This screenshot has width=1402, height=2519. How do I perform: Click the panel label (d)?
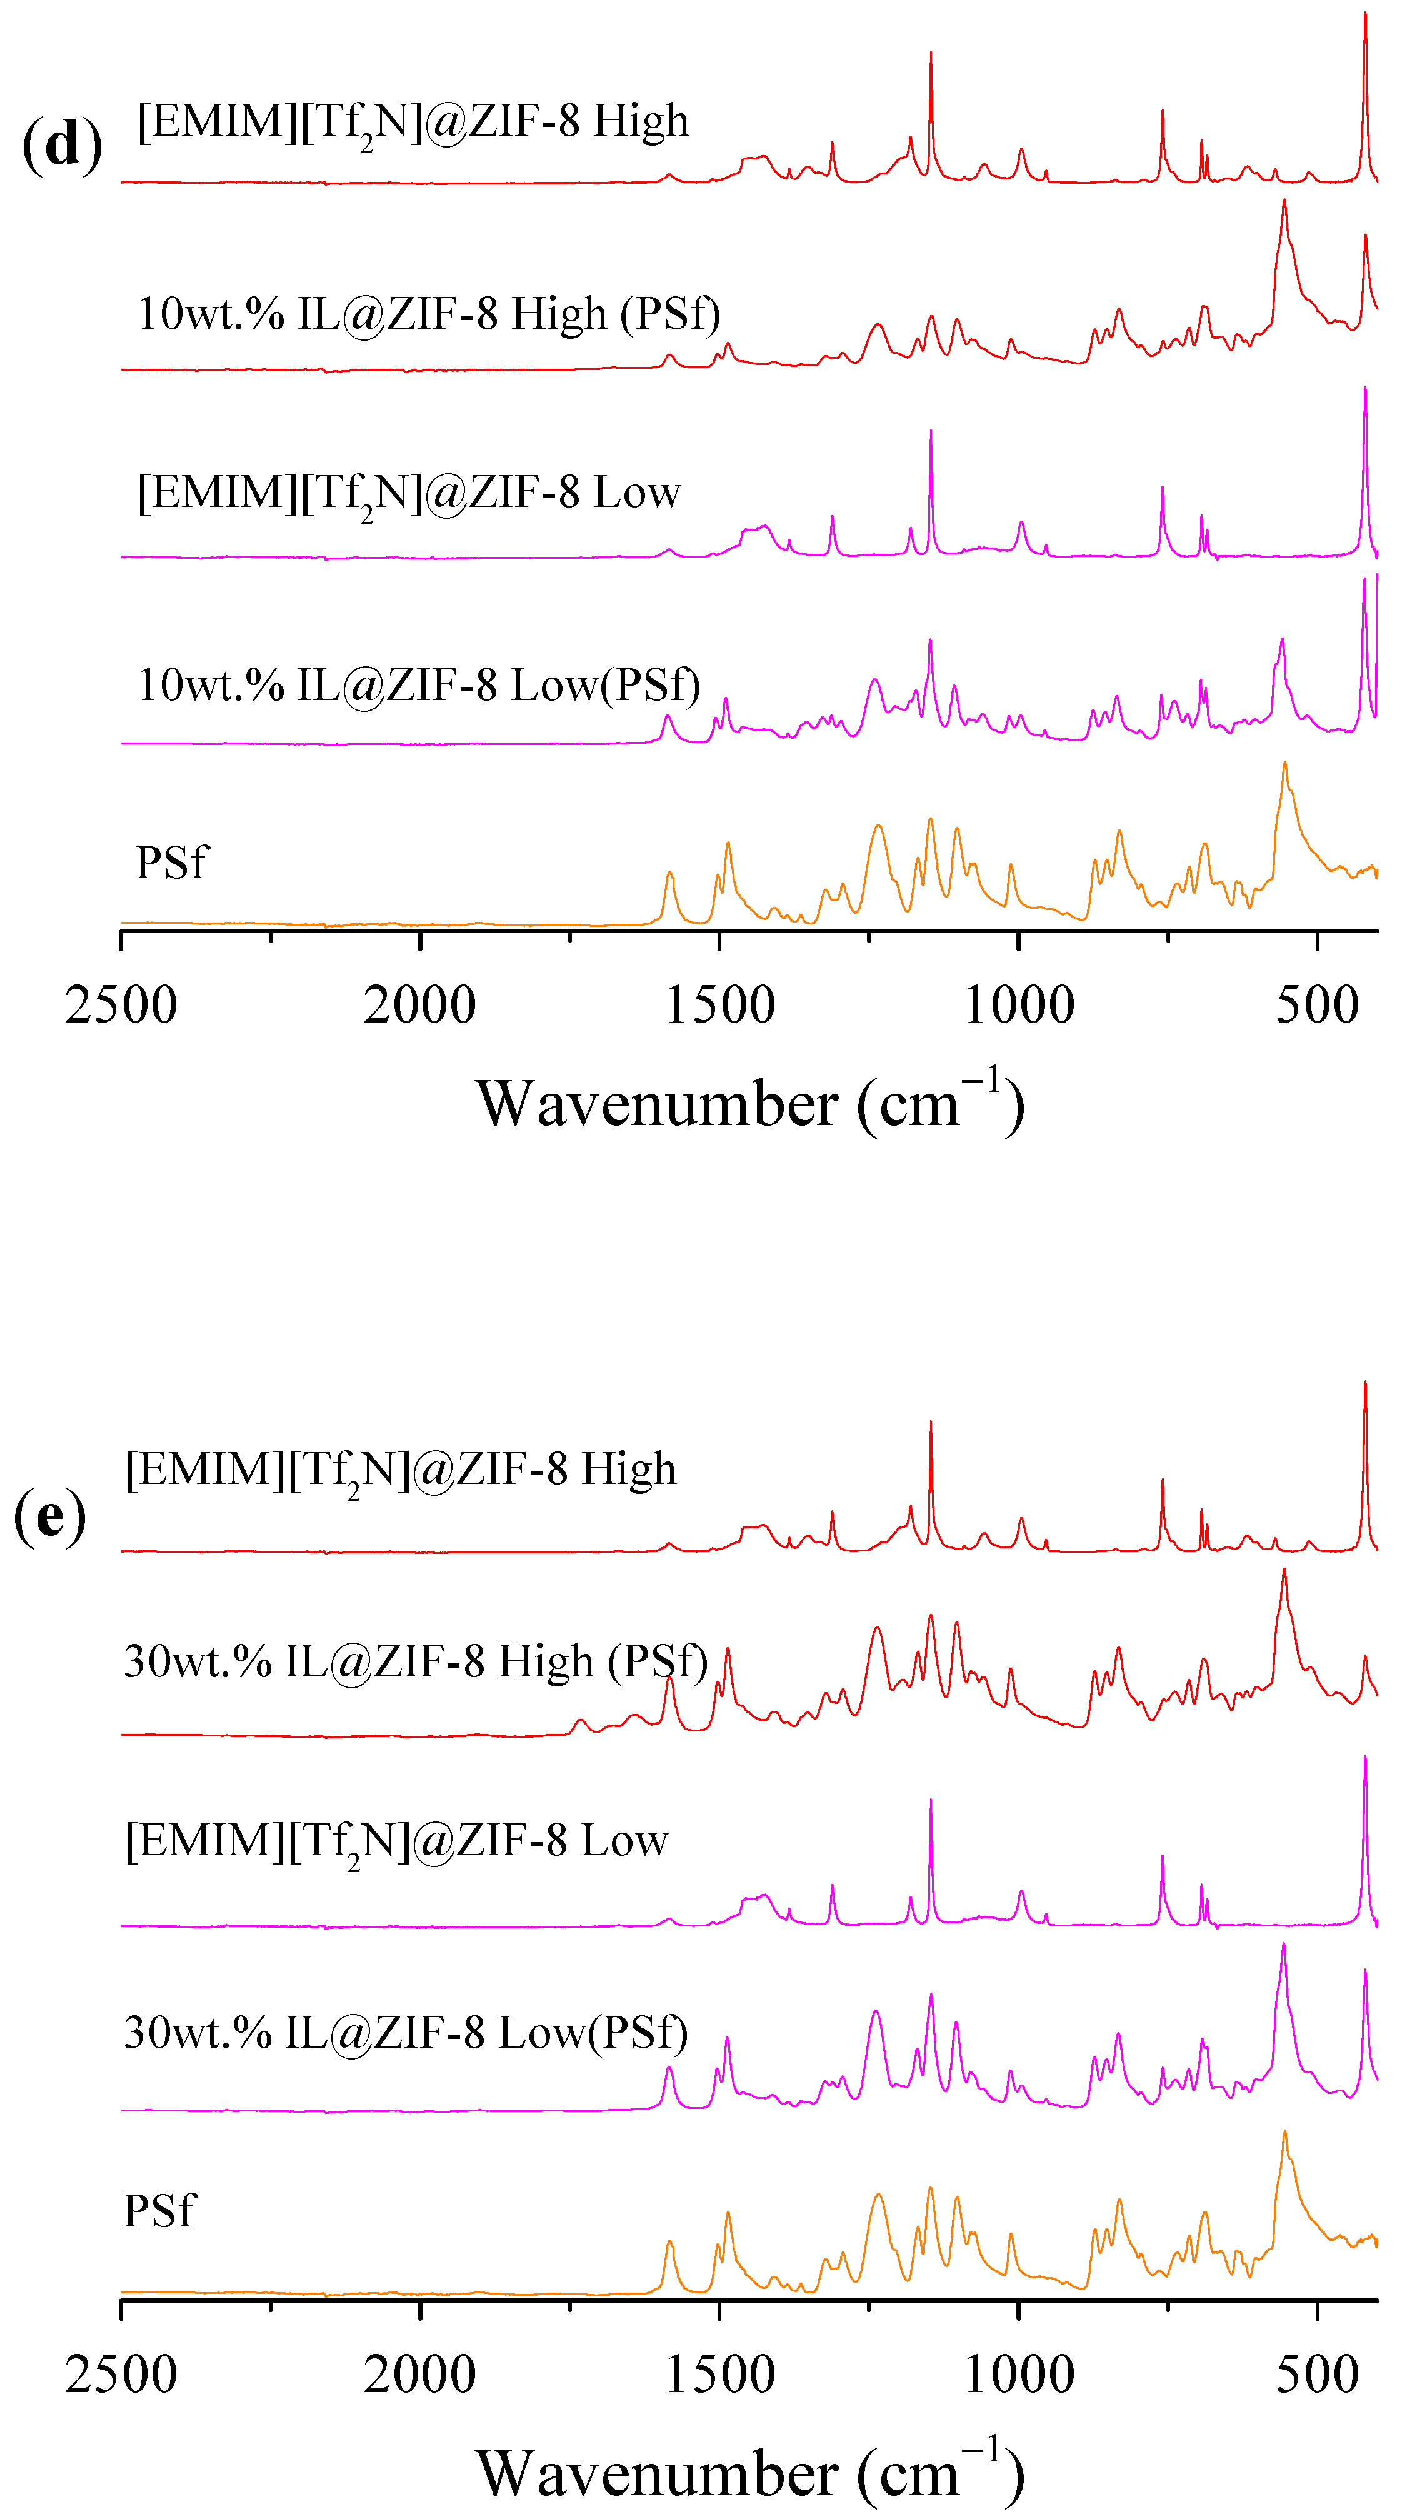(62, 145)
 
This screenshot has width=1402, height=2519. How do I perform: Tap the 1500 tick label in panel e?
(721, 2374)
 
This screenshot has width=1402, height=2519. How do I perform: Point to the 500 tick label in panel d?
(1317, 1004)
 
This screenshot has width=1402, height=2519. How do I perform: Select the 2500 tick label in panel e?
(121, 2374)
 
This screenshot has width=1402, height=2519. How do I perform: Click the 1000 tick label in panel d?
(1019, 1004)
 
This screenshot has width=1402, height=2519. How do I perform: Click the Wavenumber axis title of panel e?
(750, 2473)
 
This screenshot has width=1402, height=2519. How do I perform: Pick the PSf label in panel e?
(159, 2211)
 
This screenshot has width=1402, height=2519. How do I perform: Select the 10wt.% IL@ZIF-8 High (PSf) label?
(428, 314)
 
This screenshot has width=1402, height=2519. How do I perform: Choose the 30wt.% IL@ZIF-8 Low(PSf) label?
(406, 2033)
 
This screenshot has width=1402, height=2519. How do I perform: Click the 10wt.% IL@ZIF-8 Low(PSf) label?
(418, 684)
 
